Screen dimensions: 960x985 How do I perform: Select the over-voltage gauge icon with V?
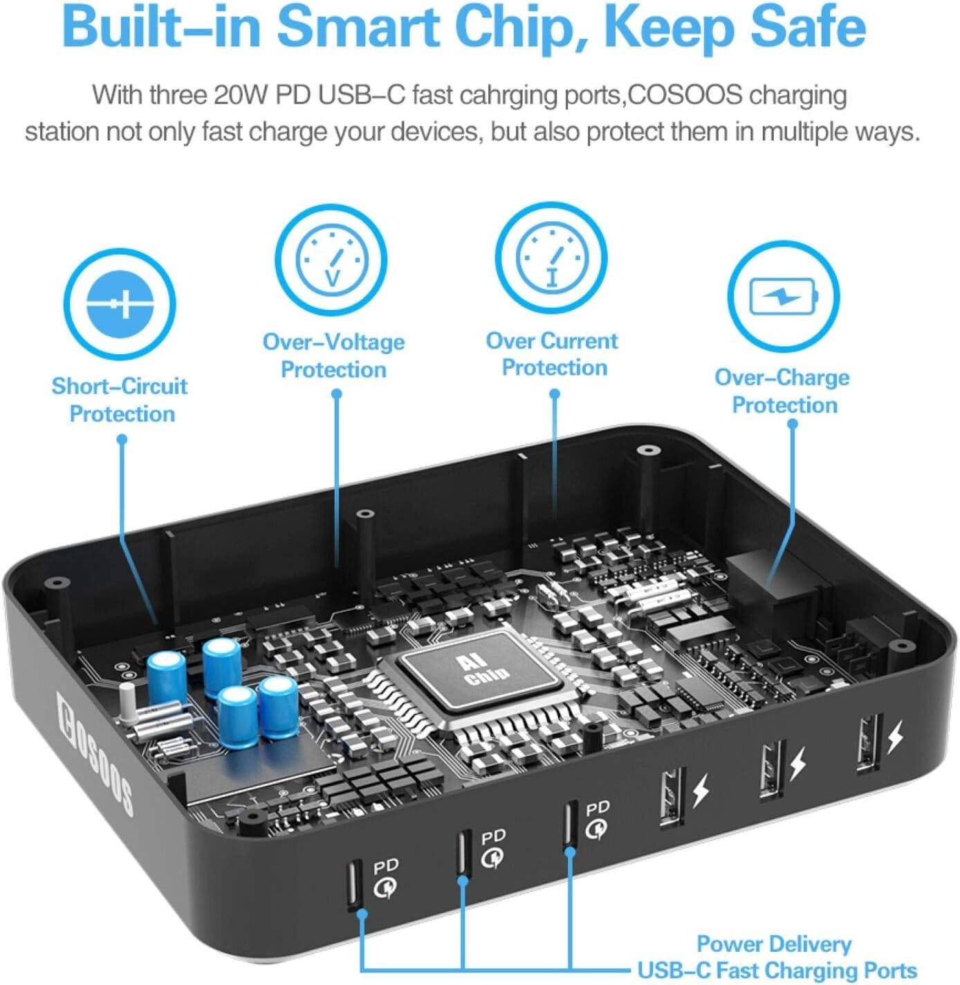[331, 260]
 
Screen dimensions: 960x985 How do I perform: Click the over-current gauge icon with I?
[552, 258]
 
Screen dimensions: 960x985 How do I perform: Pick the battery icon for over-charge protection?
[783, 296]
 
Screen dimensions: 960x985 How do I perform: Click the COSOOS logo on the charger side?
[95, 750]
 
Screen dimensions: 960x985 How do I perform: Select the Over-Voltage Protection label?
[333, 356]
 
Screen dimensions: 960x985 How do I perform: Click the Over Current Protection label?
[552, 353]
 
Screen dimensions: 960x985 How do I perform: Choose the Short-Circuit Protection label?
[120, 400]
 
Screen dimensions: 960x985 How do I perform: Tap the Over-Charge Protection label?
[782, 391]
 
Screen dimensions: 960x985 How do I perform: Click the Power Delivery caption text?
[774, 944]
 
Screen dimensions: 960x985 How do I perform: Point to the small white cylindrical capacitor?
[127, 703]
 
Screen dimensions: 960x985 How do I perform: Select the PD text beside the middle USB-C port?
[493, 836]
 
